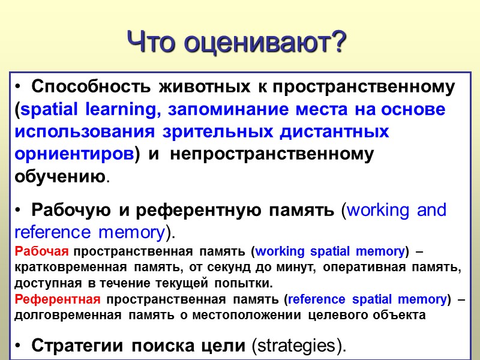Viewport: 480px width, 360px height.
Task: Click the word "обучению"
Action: coord(60,177)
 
